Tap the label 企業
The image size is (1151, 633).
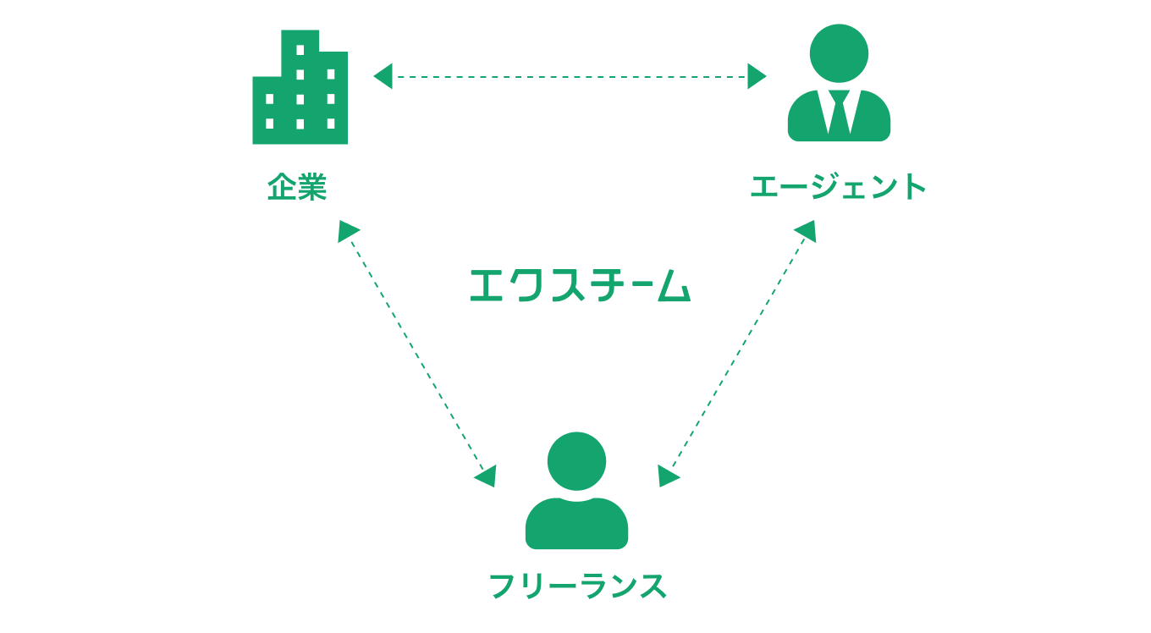(x=297, y=187)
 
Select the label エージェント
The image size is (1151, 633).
(x=838, y=187)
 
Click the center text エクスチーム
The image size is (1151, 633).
(x=580, y=285)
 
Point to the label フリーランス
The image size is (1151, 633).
(x=578, y=586)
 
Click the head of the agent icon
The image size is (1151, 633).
(x=839, y=52)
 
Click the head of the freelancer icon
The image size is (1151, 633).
(x=576, y=460)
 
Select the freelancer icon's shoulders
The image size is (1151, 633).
(x=576, y=525)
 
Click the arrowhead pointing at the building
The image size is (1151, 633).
(x=383, y=77)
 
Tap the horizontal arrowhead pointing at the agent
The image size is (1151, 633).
(x=757, y=77)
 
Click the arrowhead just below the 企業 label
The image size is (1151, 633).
(x=347, y=230)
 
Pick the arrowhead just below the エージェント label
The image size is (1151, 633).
(x=806, y=230)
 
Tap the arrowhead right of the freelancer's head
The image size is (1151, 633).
(x=668, y=476)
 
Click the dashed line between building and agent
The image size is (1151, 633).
(x=571, y=77)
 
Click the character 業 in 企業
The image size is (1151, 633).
(x=312, y=187)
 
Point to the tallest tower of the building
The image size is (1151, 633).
(x=300, y=51)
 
